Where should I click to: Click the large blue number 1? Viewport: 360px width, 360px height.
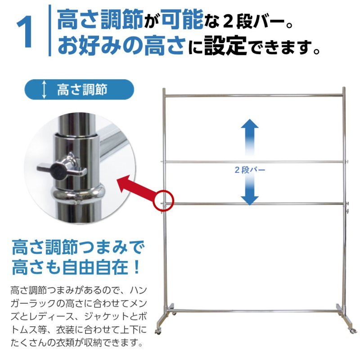coord(24,33)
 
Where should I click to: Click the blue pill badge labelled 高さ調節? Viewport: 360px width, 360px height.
coord(79,89)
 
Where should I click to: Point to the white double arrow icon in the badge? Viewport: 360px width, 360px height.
coord(44,89)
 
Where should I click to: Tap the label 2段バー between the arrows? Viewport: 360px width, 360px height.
coord(250,170)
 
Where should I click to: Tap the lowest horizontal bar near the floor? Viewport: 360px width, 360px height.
coord(254,310)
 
